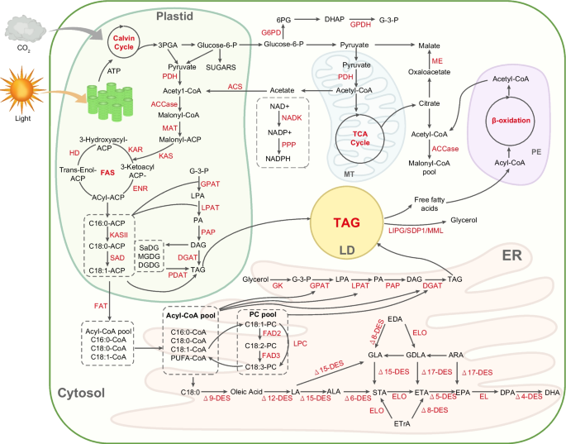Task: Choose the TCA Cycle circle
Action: click(x=359, y=133)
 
